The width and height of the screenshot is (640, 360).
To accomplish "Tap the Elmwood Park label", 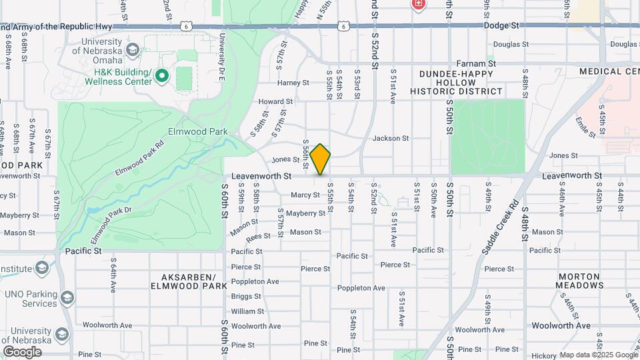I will [x=194, y=131].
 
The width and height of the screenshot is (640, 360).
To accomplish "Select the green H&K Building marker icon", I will [x=161, y=77].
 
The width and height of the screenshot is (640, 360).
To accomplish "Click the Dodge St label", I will [x=505, y=25].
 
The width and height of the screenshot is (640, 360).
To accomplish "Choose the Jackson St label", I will [x=390, y=138].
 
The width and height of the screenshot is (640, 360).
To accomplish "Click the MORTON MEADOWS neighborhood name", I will [x=580, y=281].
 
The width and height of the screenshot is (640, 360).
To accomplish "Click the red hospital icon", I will [x=418, y=4].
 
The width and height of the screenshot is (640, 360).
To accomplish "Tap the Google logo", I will [x=22, y=351].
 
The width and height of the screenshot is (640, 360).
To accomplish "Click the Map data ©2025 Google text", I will [x=598, y=355].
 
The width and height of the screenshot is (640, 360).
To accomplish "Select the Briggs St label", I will [x=246, y=297].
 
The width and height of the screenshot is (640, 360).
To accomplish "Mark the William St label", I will [x=247, y=311].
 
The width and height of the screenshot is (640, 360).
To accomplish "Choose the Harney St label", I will [x=293, y=83].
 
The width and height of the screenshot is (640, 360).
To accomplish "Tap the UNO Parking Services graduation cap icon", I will [x=67, y=297].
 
